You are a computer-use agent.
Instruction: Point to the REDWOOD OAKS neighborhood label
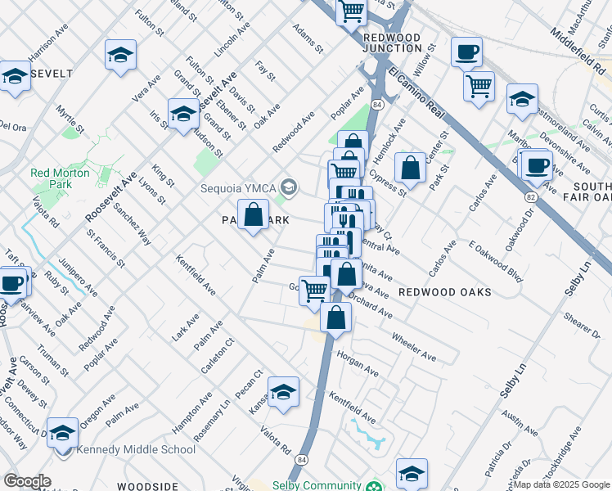click(x=444, y=292)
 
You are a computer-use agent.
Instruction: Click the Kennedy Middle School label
click(x=136, y=449)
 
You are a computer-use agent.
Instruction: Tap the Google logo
click(x=27, y=481)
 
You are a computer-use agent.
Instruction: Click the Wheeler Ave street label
click(x=414, y=345)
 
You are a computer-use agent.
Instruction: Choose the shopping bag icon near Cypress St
click(x=411, y=169)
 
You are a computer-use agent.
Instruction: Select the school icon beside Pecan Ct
click(x=284, y=394)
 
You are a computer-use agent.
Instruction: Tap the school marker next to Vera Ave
click(x=120, y=56)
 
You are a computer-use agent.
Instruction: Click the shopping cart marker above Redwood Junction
click(x=352, y=11)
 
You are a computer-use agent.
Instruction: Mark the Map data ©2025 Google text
click(x=561, y=484)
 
